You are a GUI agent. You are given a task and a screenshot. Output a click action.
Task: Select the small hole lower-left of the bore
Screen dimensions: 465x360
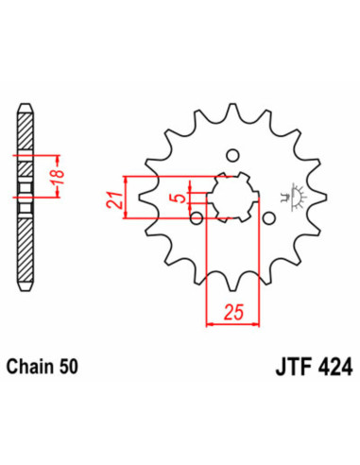(197, 219)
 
